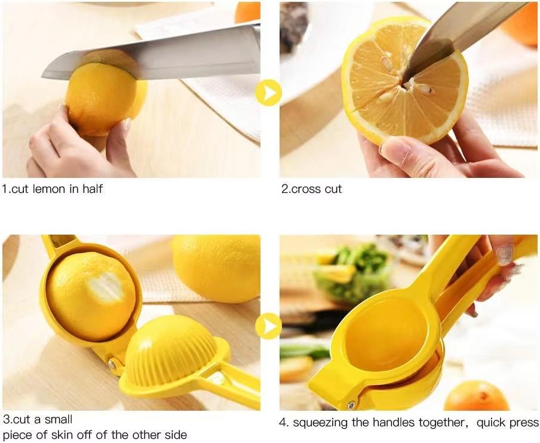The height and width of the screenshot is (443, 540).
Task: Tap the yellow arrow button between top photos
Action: tap(268, 93)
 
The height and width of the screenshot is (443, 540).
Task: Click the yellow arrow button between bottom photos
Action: tap(268, 326)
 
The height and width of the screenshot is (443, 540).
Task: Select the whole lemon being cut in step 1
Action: tap(105, 96)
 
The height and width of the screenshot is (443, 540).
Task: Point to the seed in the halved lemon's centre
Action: tap(424, 89)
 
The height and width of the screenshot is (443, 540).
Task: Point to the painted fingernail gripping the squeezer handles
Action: tap(504, 254)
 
